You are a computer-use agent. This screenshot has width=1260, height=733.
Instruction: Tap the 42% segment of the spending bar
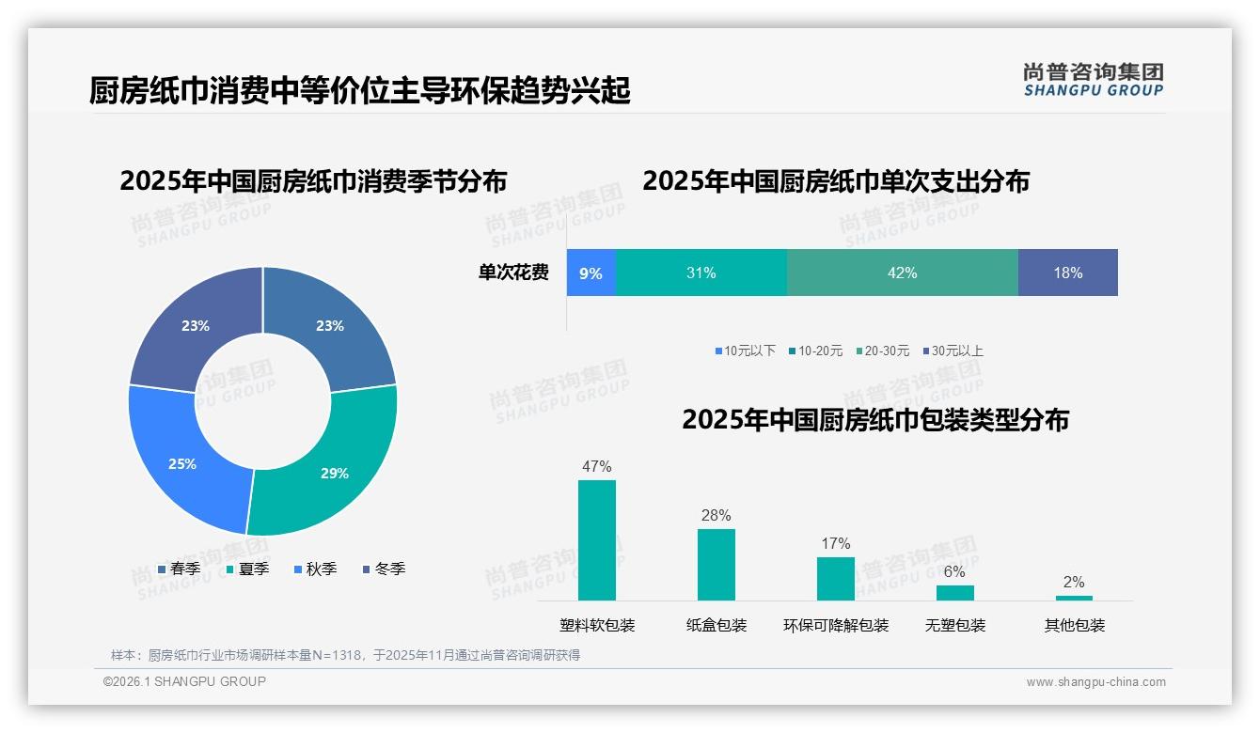[902, 273]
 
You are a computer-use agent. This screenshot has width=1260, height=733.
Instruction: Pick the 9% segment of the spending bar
[591, 273]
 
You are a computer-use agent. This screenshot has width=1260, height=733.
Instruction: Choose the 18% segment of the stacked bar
[1067, 273]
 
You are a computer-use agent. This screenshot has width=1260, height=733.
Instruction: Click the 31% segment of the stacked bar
[701, 273]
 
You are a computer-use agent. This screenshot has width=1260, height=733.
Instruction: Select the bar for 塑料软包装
[597, 540]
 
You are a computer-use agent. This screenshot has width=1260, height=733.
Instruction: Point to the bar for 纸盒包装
[716, 565]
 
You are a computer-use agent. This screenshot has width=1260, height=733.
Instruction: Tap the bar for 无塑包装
[954, 593]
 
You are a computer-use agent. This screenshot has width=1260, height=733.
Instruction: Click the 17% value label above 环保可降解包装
[835, 543]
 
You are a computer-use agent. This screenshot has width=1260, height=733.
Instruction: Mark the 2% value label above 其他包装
[1073, 582]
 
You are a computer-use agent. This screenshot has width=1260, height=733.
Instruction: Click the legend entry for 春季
[180, 569]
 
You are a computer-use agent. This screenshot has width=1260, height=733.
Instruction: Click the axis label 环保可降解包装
[835, 625]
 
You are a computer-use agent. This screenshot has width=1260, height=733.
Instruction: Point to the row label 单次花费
[513, 273]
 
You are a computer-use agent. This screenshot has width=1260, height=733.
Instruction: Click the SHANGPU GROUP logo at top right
[1093, 79]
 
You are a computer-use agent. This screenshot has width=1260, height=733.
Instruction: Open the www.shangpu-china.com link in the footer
[1095, 681]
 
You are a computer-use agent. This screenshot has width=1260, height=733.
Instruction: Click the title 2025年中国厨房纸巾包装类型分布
[874, 419]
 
